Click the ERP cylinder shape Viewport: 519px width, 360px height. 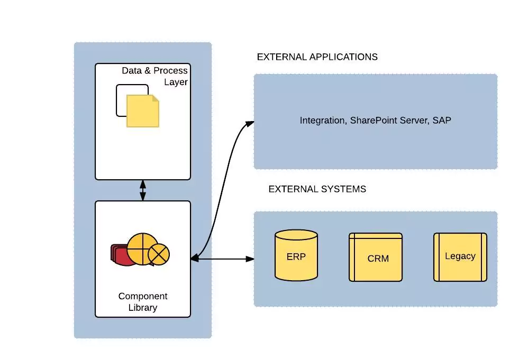296,255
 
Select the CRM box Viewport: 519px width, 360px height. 375,257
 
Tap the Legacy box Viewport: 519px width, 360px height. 460,256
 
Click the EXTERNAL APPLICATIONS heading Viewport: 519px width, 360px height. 317,57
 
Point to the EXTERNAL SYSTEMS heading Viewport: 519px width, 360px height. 317,189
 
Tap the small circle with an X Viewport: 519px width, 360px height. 159,255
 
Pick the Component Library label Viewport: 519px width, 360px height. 142,302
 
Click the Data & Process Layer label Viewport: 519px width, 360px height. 155,76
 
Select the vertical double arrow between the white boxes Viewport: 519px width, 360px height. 142,190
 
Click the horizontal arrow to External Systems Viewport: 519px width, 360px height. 222,259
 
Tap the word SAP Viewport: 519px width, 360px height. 441,121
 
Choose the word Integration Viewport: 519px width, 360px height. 322,121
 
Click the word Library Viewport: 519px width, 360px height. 142,308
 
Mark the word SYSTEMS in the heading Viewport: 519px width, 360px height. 344,189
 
